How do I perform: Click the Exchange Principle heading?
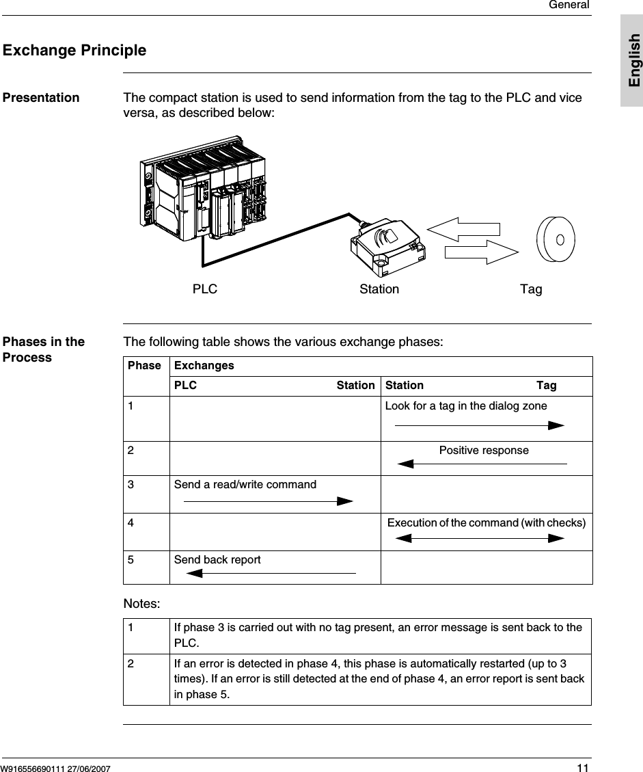74,51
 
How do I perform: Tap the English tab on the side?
633,60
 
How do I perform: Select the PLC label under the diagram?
204,289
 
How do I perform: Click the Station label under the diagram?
379,289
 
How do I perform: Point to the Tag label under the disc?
531,289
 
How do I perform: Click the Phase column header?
144,366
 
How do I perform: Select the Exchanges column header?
204,366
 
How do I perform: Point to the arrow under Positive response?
482,464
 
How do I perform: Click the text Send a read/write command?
245,485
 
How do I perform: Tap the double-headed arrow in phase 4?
480,538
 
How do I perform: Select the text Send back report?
217,560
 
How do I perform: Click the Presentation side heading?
41,98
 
